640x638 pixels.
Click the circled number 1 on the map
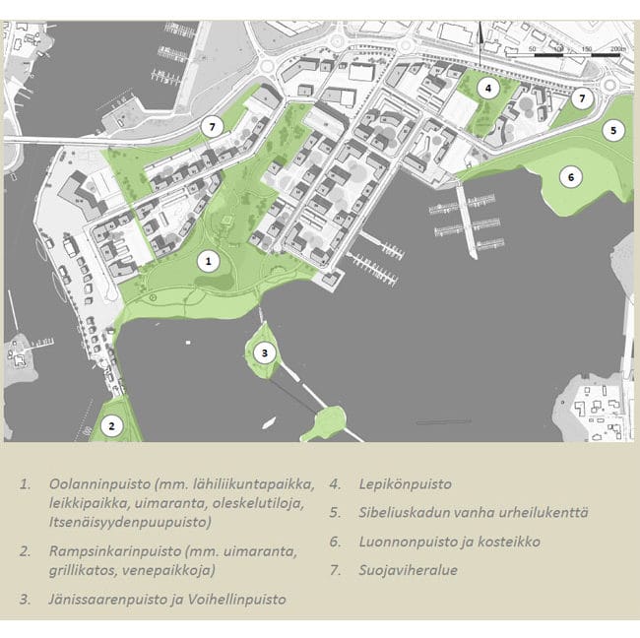point(208,261)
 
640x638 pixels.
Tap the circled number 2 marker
point(112,425)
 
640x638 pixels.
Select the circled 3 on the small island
point(264,352)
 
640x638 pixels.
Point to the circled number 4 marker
point(486,88)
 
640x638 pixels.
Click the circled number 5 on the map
point(611,129)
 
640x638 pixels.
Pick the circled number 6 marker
point(569,177)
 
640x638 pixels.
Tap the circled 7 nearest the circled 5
point(582,98)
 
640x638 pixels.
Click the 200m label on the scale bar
point(616,48)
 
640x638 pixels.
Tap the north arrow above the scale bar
point(480,39)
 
